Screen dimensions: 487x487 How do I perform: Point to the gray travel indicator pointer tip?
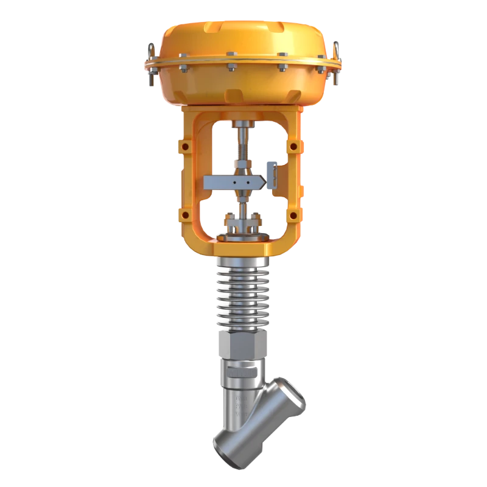click(x=265, y=182)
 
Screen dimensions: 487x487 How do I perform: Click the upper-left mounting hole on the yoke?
click(x=185, y=146)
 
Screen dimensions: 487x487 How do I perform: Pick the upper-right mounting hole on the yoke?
click(x=293, y=146)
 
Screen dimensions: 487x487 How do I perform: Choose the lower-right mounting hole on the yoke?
click(x=293, y=214)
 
